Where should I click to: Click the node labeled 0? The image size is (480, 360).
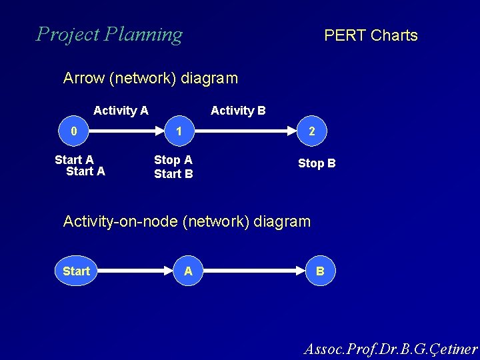tap(74, 131)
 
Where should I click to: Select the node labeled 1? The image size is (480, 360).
tap(179, 131)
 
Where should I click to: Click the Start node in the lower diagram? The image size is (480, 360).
tap(76, 271)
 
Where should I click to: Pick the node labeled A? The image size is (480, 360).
tap(189, 271)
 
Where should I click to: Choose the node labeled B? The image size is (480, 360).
tap(320, 271)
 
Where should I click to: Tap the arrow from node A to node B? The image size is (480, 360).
tap(255, 271)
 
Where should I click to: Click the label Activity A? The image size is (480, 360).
tap(121, 111)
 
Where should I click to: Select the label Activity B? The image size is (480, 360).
tap(238, 111)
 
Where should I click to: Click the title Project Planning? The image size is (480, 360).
tap(109, 34)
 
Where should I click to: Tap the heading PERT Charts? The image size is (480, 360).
tap(371, 36)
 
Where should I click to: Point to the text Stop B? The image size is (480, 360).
tap(317, 163)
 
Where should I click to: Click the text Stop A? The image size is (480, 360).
tap(173, 160)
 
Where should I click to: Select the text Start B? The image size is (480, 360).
tap(173, 174)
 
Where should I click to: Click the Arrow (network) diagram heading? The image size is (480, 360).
tap(150, 79)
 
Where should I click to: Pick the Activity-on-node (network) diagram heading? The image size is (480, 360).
tap(187, 221)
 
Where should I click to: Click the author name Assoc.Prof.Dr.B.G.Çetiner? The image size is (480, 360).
tap(391, 349)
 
